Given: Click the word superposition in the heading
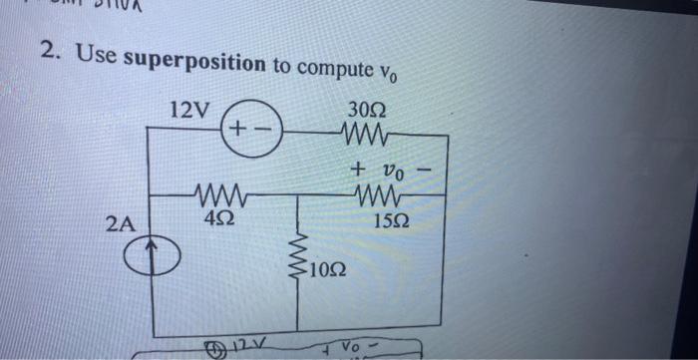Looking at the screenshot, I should pos(193,59).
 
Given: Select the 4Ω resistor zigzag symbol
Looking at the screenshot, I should pos(216,192).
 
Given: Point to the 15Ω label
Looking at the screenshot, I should pos(387,217).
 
